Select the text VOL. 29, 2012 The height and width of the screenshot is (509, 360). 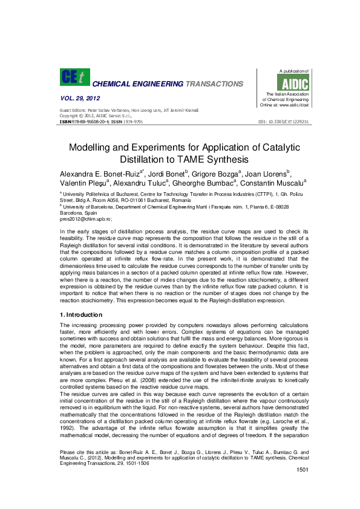[x=80, y=98]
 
